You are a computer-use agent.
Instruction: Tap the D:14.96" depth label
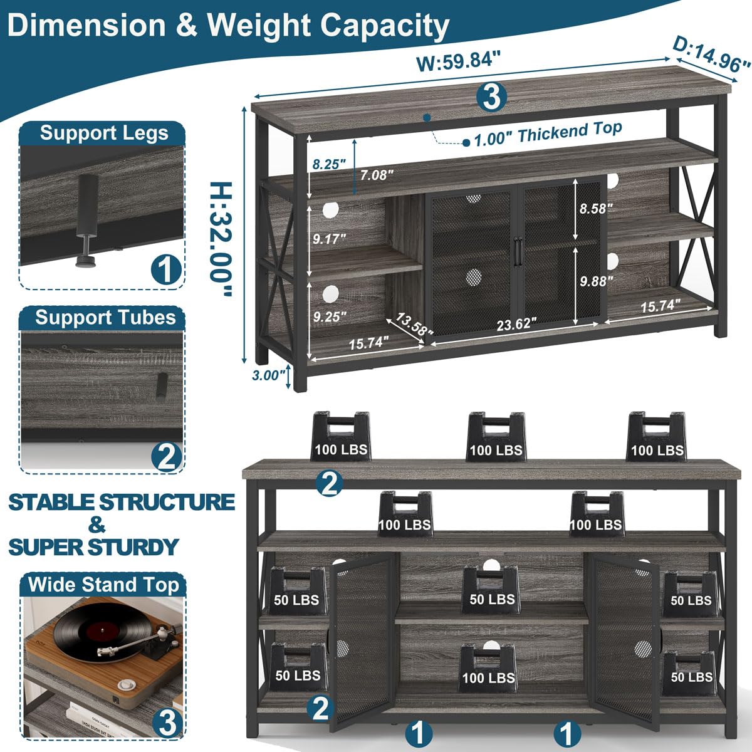coord(711,55)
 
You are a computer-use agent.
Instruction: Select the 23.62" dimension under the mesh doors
coord(516,323)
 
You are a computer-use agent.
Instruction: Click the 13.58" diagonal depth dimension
coord(410,326)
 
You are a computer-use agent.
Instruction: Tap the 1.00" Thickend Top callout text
coord(548,133)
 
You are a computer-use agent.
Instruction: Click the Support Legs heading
coord(104,133)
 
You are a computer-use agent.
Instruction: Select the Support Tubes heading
coord(105,317)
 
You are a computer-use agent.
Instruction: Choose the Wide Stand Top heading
coord(104,585)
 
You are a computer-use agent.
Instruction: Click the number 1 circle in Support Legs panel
coord(166,270)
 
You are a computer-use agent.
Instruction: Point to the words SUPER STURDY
coord(93,546)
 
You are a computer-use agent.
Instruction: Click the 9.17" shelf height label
coord(328,239)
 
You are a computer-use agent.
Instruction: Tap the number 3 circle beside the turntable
coord(166,723)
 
